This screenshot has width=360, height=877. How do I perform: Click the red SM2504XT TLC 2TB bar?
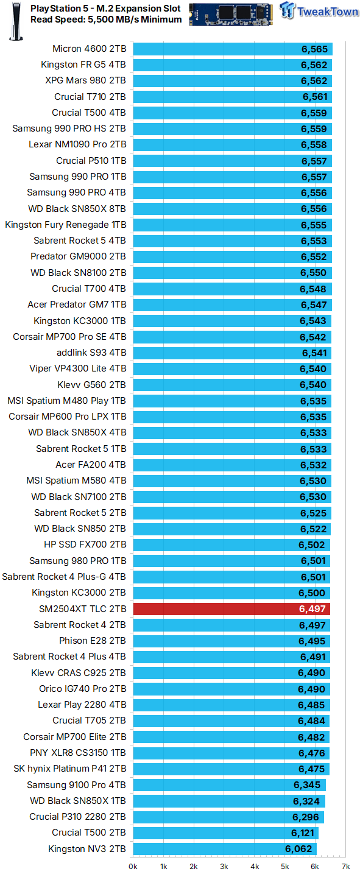point(231,609)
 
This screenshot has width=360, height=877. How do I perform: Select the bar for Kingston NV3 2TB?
point(225,849)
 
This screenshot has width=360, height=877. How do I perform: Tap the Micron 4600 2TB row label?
point(90,49)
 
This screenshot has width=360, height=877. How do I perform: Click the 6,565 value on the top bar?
point(314,49)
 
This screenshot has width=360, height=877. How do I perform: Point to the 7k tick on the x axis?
point(345,867)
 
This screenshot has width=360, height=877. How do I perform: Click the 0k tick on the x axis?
point(133,867)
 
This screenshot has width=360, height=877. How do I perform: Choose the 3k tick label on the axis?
point(224,867)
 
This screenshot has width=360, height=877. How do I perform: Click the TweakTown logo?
point(319,10)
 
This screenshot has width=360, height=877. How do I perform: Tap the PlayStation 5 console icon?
point(16,21)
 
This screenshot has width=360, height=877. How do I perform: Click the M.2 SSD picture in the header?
point(231,14)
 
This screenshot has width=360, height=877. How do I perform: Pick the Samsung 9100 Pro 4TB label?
point(76,785)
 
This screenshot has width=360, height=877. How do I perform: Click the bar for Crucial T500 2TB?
point(226,833)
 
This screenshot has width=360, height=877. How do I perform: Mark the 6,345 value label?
point(307,785)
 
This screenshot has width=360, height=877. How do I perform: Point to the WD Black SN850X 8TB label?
point(77,209)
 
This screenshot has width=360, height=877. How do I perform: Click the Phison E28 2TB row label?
point(93,641)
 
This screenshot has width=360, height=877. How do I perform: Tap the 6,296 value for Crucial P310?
point(306,817)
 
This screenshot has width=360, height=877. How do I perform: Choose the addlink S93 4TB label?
point(91,353)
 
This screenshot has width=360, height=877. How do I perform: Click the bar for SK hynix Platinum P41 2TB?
point(231,769)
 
